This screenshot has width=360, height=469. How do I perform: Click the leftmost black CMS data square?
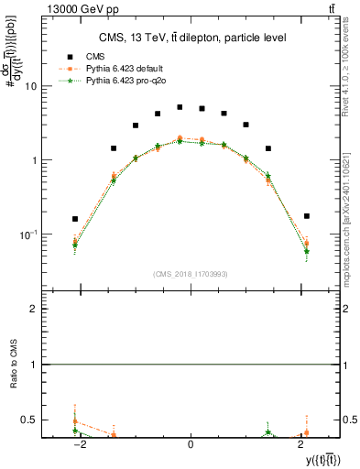point(75,219)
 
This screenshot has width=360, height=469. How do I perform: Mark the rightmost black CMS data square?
point(306,216)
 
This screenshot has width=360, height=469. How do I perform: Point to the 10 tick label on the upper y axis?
point(30,86)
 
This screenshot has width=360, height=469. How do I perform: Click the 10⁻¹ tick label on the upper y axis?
point(28,234)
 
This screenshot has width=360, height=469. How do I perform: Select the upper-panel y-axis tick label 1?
point(34,160)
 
